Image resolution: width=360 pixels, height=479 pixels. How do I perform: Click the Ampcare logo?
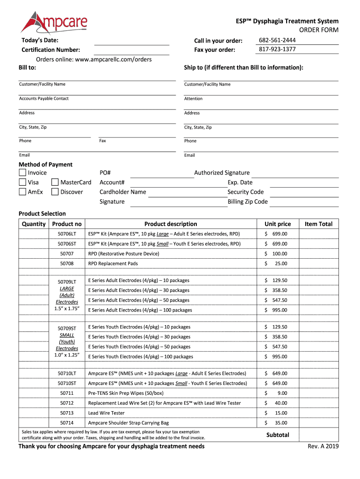tap(54, 23)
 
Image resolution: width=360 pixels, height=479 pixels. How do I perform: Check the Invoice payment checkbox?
tap(22, 173)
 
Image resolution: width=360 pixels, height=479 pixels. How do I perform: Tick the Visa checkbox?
tap(22, 182)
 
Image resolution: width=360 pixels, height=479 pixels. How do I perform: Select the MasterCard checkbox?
tap(55, 182)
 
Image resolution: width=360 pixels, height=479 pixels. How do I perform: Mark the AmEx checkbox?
tap(22, 192)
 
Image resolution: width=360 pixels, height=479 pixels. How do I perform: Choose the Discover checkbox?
tap(55, 192)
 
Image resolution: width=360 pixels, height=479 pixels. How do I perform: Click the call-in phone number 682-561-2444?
tap(277, 40)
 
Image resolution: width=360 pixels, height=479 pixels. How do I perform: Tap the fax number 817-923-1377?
tap(277, 49)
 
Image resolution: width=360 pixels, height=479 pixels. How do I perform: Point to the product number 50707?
tap(67, 254)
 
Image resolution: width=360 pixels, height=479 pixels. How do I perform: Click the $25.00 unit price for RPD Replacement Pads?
tap(276, 263)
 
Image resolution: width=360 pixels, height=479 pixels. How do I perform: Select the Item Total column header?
tap(318, 224)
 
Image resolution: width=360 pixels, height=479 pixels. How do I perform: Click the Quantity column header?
tap(34, 224)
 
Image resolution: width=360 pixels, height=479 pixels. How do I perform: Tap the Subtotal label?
tap(278, 435)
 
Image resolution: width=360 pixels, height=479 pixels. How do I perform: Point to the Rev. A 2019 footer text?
tap(323, 446)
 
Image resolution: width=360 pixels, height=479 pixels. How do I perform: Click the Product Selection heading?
tap(42, 214)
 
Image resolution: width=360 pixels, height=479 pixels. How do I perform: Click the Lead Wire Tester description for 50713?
tap(107, 413)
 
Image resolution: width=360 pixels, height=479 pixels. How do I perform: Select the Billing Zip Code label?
tap(247, 202)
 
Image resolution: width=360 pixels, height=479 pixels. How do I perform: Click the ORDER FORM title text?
tap(319, 30)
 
